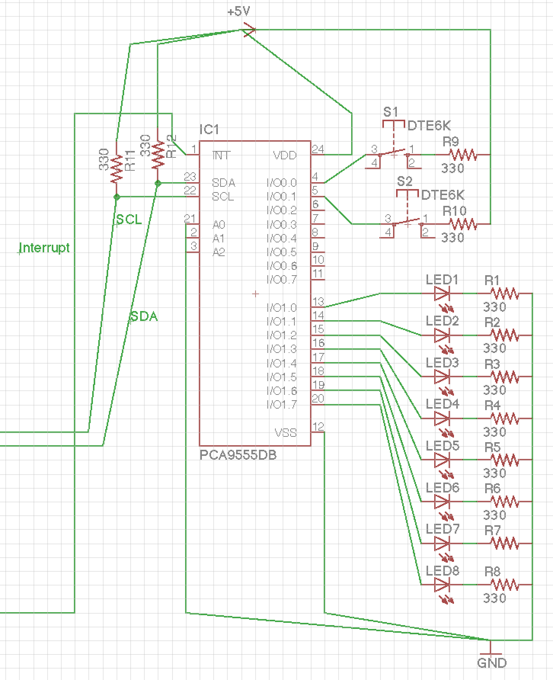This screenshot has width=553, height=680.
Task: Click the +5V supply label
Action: (238, 12)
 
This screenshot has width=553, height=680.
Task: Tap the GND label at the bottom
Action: (492, 663)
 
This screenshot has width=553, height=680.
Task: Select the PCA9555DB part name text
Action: (238, 455)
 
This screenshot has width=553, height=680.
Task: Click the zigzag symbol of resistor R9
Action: (463, 155)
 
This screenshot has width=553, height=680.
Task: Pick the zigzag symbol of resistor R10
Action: (463, 224)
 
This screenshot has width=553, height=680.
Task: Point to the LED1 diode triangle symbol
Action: (442, 293)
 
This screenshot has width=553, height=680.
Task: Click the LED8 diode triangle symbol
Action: (442, 584)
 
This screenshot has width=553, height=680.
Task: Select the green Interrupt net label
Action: (44, 248)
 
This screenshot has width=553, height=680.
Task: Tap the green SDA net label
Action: (144, 316)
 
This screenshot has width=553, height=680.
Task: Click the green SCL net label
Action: (129, 220)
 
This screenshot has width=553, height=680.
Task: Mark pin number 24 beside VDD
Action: (318, 149)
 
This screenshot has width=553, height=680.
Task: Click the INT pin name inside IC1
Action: (221, 155)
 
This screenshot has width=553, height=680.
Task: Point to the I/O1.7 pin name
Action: (281, 404)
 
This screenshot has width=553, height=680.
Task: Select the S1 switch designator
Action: (390, 112)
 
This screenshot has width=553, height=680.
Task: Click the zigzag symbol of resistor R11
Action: (116, 168)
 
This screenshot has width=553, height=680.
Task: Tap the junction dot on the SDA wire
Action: (158, 183)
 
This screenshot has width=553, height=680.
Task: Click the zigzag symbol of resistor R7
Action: (504, 543)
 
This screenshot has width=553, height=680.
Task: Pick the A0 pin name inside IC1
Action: (219, 225)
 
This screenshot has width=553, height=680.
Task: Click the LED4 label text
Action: (442, 403)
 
